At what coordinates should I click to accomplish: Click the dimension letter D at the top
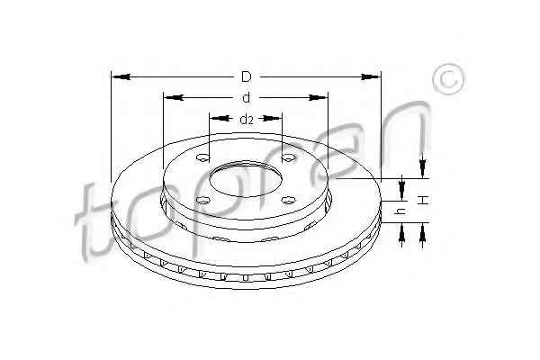[x=247, y=76]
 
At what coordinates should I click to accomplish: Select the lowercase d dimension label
[x=246, y=98]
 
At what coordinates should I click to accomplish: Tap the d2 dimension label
[x=247, y=120]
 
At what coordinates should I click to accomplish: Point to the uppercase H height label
[x=423, y=200]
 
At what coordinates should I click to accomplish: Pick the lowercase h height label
[x=401, y=211]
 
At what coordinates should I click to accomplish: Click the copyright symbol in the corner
[x=448, y=79]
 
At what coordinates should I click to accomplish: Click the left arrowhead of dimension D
[x=121, y=76]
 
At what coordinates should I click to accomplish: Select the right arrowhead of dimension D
[x=371, y=76]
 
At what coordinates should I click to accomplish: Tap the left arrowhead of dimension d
[x=173, y=98]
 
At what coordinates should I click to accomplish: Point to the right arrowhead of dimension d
[x=318, y=98]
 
